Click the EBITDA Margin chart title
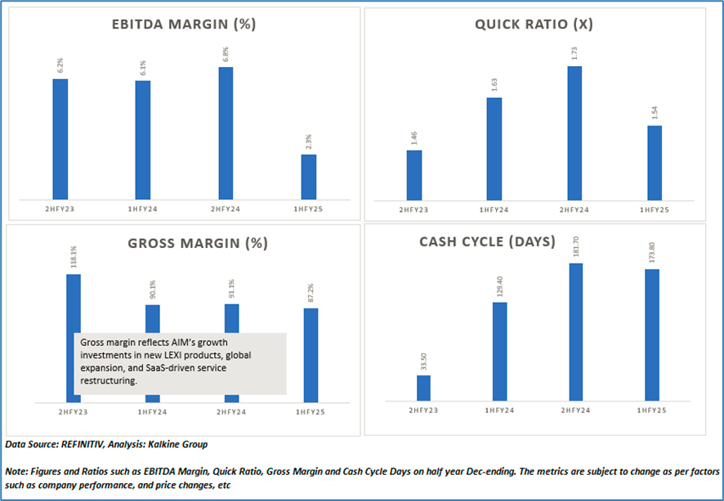coord(184,24)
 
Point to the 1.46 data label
coord(414,137)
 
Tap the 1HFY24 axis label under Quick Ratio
coord(494,211)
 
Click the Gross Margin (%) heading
coord(185,243)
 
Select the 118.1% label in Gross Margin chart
coord(74,261)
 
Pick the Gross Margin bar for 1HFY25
coord(311,354)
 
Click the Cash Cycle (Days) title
coord(487,242)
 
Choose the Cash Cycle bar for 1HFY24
coord(498,352)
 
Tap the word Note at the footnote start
coord(16,472)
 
